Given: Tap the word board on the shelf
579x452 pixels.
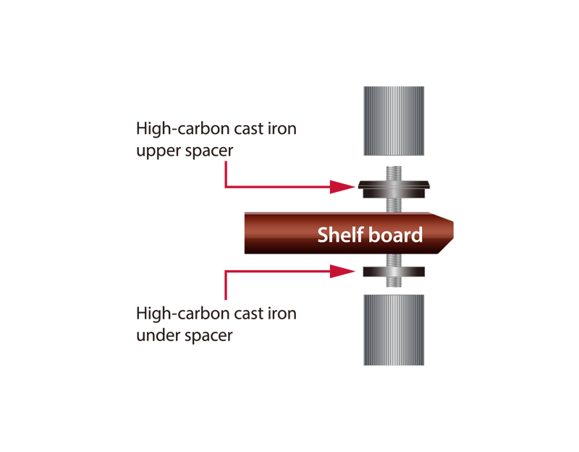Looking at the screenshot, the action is tap(395, 235).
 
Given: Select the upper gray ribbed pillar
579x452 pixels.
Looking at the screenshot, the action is tap(394, 121).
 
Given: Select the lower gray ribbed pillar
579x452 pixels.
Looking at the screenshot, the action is tap(394, 330).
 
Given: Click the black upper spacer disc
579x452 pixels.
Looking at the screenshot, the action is tap(394, 189).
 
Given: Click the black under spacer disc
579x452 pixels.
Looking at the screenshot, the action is tap(394, 272).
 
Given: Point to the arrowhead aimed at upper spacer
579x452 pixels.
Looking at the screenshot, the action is tap(342, 187).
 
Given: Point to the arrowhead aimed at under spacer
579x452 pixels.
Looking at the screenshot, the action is tap(342, 272).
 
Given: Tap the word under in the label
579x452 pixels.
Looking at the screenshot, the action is tap(158, 335).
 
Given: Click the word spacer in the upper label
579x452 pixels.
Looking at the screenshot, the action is tap(209, 151).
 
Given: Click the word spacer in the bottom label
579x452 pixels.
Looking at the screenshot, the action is tap(208, 336).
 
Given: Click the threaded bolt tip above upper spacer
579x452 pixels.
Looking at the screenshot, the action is tap(394, 167).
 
